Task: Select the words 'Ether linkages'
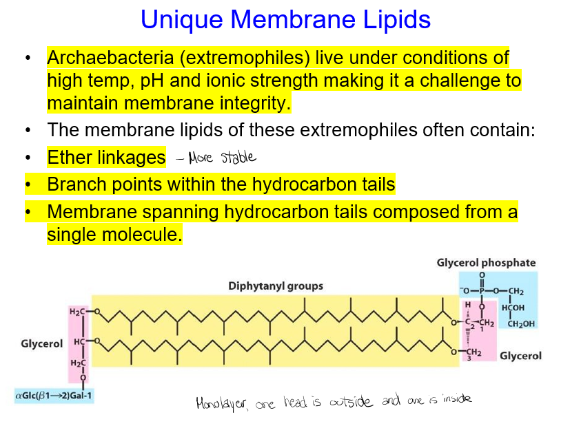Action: [x=106, y=158]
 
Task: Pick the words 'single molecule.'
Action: [x=114, y=235]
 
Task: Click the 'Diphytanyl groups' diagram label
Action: [x=276, y=286]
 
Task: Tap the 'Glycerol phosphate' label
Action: [x=486, y=263]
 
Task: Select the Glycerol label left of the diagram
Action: [x=42, y=343]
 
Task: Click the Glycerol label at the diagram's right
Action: [x=520, y=356]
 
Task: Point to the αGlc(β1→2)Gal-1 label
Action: [x=54, y=396]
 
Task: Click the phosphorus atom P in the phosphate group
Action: [x=482, y=292]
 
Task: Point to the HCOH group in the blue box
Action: [x=514, y=308]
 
